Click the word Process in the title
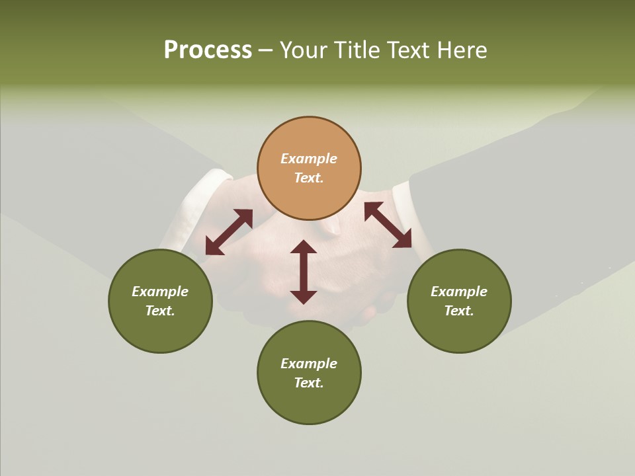point(208,50)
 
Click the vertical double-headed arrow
point(304,272)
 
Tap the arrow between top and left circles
point(229,232)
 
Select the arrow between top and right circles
point(388,225)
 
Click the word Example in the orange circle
point(309,159)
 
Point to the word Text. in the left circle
point(160,311)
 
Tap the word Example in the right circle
point(459,292)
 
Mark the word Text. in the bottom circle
point(309,383)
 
